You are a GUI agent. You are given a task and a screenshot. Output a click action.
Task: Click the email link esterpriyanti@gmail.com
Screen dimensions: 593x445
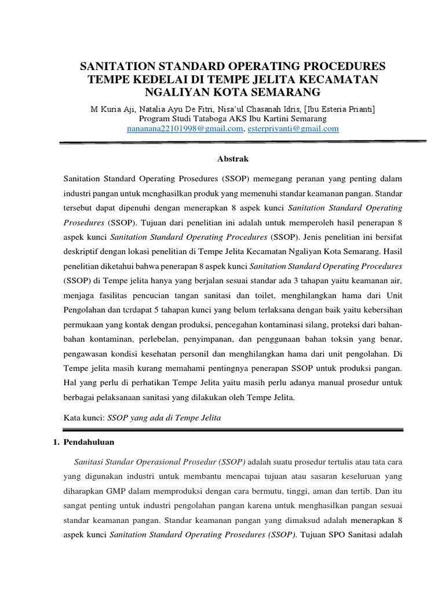pos(293,129)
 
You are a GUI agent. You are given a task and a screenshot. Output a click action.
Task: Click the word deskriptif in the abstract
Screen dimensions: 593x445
pos(83,252)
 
